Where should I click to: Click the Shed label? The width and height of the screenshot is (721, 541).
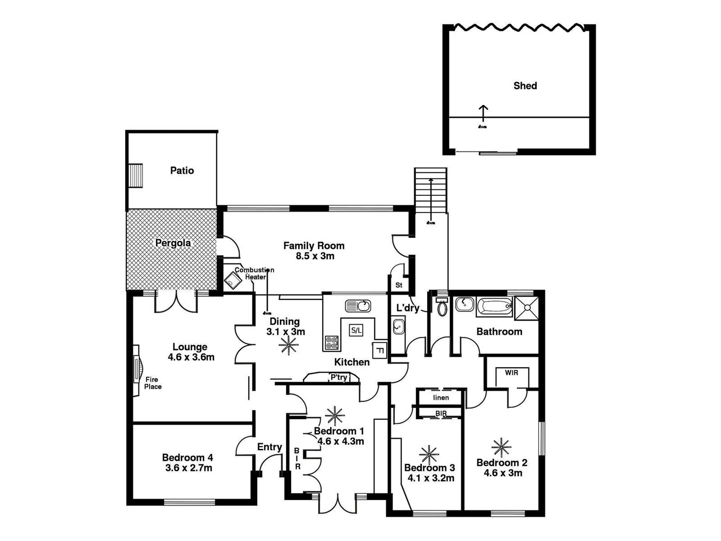(x=525, y=86)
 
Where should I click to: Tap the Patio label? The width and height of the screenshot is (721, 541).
(x=182, y=170)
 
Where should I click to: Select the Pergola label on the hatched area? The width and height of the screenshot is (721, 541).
(x=173, y=243)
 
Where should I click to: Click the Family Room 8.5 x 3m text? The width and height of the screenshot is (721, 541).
(x=314, y=250)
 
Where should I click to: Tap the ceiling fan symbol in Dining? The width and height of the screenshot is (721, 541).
(x=288, y=345)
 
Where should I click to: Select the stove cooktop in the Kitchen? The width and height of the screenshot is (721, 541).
(x=331, y=343)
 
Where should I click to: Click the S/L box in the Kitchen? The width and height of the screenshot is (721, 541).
(x=356, y=330)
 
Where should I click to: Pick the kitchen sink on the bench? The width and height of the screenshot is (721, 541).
(x=357, y=305)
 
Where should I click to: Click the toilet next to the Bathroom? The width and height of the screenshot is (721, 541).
(x=441, y=307)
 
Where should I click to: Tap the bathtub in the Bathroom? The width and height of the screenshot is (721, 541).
(x=494, y=306)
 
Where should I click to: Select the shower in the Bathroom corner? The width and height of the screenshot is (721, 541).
(x=527, y=306)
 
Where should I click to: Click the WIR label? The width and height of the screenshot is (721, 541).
(x=511, y=373)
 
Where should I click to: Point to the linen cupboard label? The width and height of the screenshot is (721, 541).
(x=441, y=398)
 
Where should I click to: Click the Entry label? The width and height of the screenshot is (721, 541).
(x=269, y=447)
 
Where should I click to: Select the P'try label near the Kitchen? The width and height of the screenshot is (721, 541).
(x=338, y=377)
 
